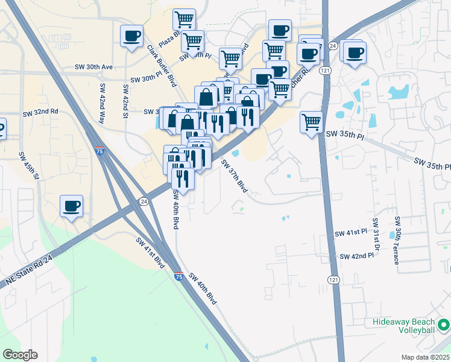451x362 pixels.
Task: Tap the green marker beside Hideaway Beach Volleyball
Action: click(444, 326)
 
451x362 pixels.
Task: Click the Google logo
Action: click(20, 355)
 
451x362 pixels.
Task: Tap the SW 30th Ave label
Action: click(93, 67)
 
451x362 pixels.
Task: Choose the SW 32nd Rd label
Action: click(40, 112)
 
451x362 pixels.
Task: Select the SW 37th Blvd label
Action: click(235, 176)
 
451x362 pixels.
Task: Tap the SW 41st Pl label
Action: click(352, 232)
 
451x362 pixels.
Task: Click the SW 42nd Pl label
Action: click(357, 256)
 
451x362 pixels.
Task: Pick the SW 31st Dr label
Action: click(376, 233)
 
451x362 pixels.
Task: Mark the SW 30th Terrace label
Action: click(397, 240)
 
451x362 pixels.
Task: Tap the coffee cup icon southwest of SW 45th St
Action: click(72, 206)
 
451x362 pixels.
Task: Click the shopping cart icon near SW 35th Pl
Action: click(311, 122)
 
